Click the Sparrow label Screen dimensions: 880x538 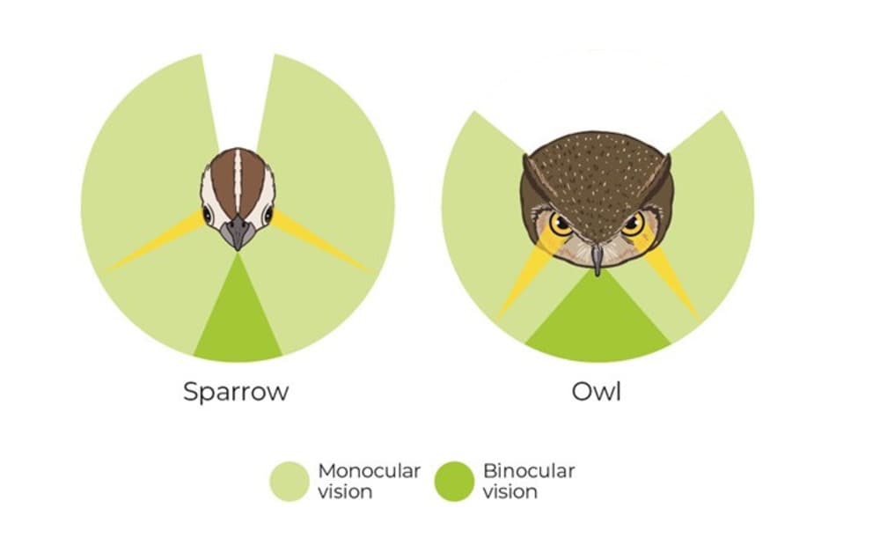[x=236, y=392]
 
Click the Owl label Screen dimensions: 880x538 [x=596, y=392]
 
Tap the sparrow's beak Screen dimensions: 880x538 [x=238, y=232]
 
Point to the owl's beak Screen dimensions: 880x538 [x=598, y=258]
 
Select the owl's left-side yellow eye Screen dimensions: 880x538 [x=561, y=224]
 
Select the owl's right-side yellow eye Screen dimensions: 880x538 [x=633, y=224]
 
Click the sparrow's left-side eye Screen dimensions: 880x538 [x=207, y=215]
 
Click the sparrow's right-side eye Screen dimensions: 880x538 [x=268, y=215]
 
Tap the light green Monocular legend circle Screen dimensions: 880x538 [x=290, y=482]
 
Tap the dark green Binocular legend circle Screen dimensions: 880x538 [x=454, y=482]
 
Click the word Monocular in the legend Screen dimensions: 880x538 [x=369, y=470]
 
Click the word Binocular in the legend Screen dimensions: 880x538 [x=529, y=470]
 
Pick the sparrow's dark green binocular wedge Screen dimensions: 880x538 [x=238, y=321]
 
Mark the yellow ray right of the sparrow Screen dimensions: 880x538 [x=321, y=243]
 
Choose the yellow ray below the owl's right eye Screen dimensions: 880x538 [x=668, y=276]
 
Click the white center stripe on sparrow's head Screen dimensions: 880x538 [x=238, y=181]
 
